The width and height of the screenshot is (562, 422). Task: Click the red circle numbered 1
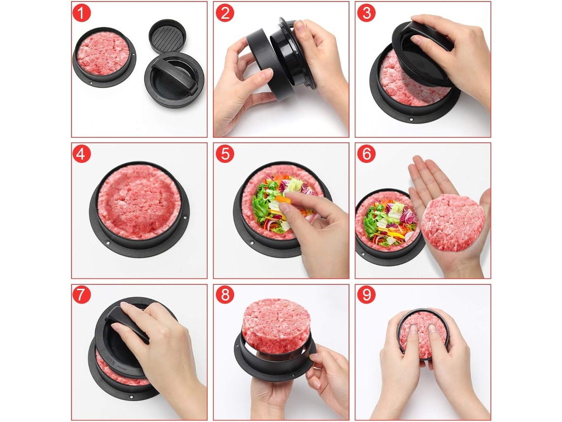pyautogui.click(x=81, y=13)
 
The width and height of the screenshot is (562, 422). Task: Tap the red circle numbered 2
pyautogui.click(x=225, y=13)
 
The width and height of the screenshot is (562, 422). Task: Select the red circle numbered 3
pyautogui.click(x=366, y=13)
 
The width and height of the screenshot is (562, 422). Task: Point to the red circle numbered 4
pyautogui.click(x=81, y=154)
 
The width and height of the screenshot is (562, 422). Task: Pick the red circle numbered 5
pyautogui.click(x=225, y=154)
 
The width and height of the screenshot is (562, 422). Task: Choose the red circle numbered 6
pyautogui.click(x=366, y=154)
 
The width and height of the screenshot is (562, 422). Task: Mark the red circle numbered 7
pyautogui.click(x=81, y=295)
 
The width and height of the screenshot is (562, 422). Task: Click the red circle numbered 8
pyautogui.click(x=225, y=295)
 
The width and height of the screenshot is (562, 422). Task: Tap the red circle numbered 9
pyautogui.click(x=366, y=295)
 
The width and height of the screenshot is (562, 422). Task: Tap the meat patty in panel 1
pyautogui.click(x=104, y=54)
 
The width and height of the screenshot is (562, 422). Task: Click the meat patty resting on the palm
pyautogui.click(x=453, y=222)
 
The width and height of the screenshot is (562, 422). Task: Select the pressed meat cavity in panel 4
pyautogui.click(x=139, y=202)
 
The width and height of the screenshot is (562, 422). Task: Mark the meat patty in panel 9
pyautogui.click(x=423, y=335)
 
